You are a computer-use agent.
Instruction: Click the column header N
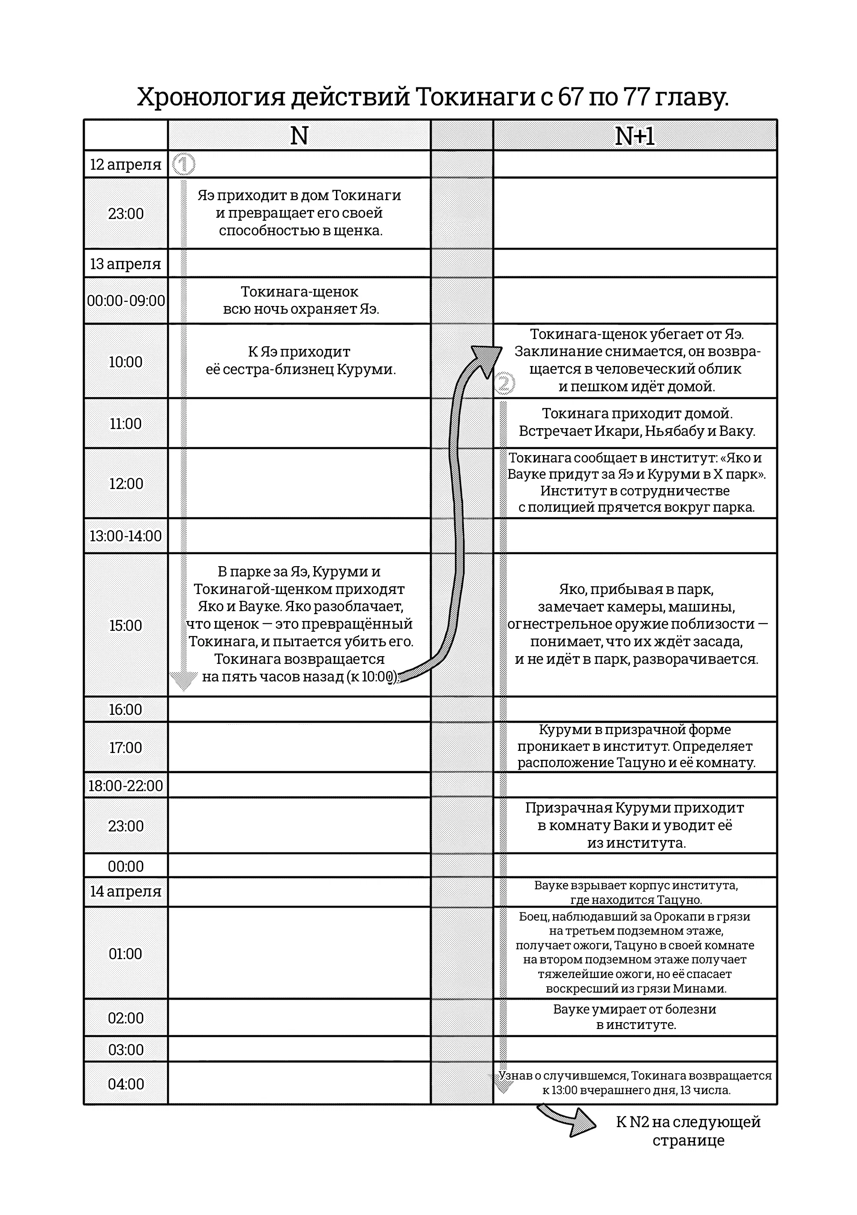(x=299, y=136)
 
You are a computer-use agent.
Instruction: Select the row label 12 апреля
(x=126, y=165)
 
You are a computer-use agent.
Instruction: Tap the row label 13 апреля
(x=126, y=264)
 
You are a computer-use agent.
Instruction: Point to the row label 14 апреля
(x=126, y=891)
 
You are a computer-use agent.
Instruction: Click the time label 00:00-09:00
(x=126, y=300)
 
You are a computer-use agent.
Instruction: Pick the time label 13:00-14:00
(x=126, y=536)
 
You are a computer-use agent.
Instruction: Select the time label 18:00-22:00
(x=126, y=785)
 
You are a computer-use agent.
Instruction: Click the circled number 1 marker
(x=183, y=165)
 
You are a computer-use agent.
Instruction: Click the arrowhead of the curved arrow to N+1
(x=486, y=355)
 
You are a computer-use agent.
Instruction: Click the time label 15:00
(x=126, y=625)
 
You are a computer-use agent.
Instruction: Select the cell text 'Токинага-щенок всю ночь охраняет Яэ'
(x=300, y=300)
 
